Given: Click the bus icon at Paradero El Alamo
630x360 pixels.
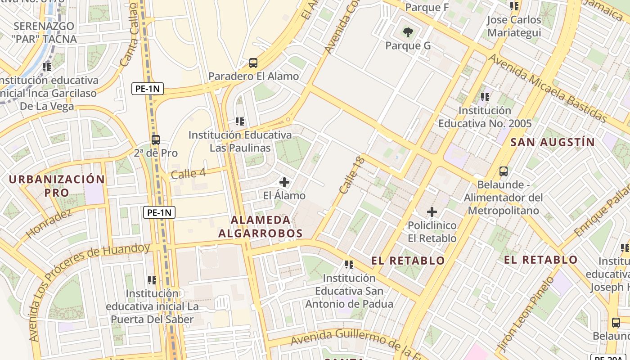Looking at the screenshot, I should pos(253,63).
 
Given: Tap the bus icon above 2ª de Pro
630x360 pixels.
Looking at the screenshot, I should pos(156,140).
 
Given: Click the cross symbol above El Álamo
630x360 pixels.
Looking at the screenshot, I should pos(284,182).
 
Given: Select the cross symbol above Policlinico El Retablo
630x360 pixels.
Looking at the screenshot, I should pos(432,211).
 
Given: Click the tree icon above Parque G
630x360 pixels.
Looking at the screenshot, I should pos(408,32).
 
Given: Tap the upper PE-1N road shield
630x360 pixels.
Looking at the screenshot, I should pos(148,89).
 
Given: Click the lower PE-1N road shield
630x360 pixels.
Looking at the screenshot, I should pos(159,212).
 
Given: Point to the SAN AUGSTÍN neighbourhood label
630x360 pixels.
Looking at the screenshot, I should pos(553,142).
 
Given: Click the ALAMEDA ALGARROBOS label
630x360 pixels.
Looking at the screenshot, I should pos(261,226).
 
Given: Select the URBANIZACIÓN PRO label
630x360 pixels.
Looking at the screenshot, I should pos(57,186).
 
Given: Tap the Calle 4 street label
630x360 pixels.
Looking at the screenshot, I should pos(188,174).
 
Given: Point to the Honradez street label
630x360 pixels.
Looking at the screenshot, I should pos(49,224).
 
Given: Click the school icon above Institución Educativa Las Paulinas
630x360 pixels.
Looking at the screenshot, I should pos(240,121).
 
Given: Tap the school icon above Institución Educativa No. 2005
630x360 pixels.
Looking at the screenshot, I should pos(485,97).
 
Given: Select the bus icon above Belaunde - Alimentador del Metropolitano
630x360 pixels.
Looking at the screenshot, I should pos(504,171).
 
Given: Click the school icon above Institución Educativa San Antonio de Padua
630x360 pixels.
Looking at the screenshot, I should pos(349,265).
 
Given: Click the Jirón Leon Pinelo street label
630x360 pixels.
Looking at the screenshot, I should pos(525,315).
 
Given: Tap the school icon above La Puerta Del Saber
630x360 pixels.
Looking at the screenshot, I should pos(152,280).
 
